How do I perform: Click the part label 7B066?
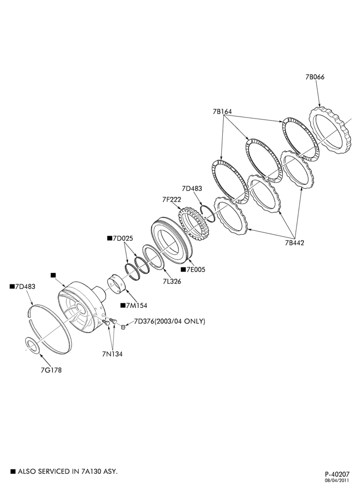315,77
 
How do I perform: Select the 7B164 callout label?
222,111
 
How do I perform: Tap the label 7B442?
295,243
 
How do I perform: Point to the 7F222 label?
172,199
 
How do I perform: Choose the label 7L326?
172,281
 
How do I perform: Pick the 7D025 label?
123,238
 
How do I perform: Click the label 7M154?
136,306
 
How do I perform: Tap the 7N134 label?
112,354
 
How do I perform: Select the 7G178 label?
51,370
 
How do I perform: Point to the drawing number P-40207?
337,474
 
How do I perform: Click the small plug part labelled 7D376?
123,328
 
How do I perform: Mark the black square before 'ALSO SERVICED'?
13,471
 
